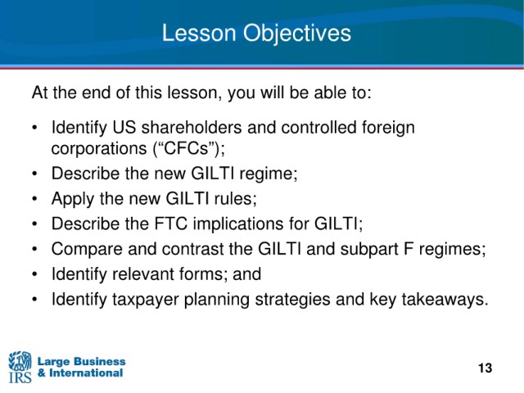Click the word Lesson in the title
(x=199, y=33)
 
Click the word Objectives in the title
(x=296, y=34)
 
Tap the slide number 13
(x=485, y=368)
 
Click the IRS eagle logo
(x=20, y=367)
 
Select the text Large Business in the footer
(x=82, y=362)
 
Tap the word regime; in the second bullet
(x=269, y=174)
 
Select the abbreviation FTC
(x=171, y=224)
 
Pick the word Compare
(x=87, y=249)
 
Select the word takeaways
(x=445, y=300)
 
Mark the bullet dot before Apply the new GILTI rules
(x=34, y=199)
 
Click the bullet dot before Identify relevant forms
(x=34, y=274)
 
